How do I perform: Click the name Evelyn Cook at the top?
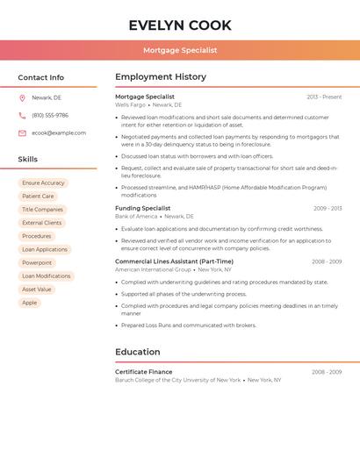coord(180,25)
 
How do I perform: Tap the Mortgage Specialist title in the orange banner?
coord(180,50)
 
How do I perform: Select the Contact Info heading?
coord(40,77)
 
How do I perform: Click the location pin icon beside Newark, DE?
coord(22,98)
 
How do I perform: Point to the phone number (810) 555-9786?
coord(50,116)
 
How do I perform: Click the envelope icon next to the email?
coord(22,133)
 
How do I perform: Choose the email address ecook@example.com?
coord(59,133)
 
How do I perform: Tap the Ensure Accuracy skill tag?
coord(43,183)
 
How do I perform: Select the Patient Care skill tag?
coord(38,197)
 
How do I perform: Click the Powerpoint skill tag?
coord(37,263)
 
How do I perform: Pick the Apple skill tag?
coord(30,303)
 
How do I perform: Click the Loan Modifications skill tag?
coord(47,276)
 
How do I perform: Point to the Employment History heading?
coord(161,77)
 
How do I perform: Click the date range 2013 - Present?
coord(324,97)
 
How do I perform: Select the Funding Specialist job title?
coord(143,208)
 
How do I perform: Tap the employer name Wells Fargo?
coord(130,104)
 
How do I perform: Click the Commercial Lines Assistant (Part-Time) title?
coord(174,261)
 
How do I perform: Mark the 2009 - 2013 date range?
coord(328,209)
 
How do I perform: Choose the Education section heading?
coord(138,352)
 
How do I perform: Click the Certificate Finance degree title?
coord(144,372)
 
